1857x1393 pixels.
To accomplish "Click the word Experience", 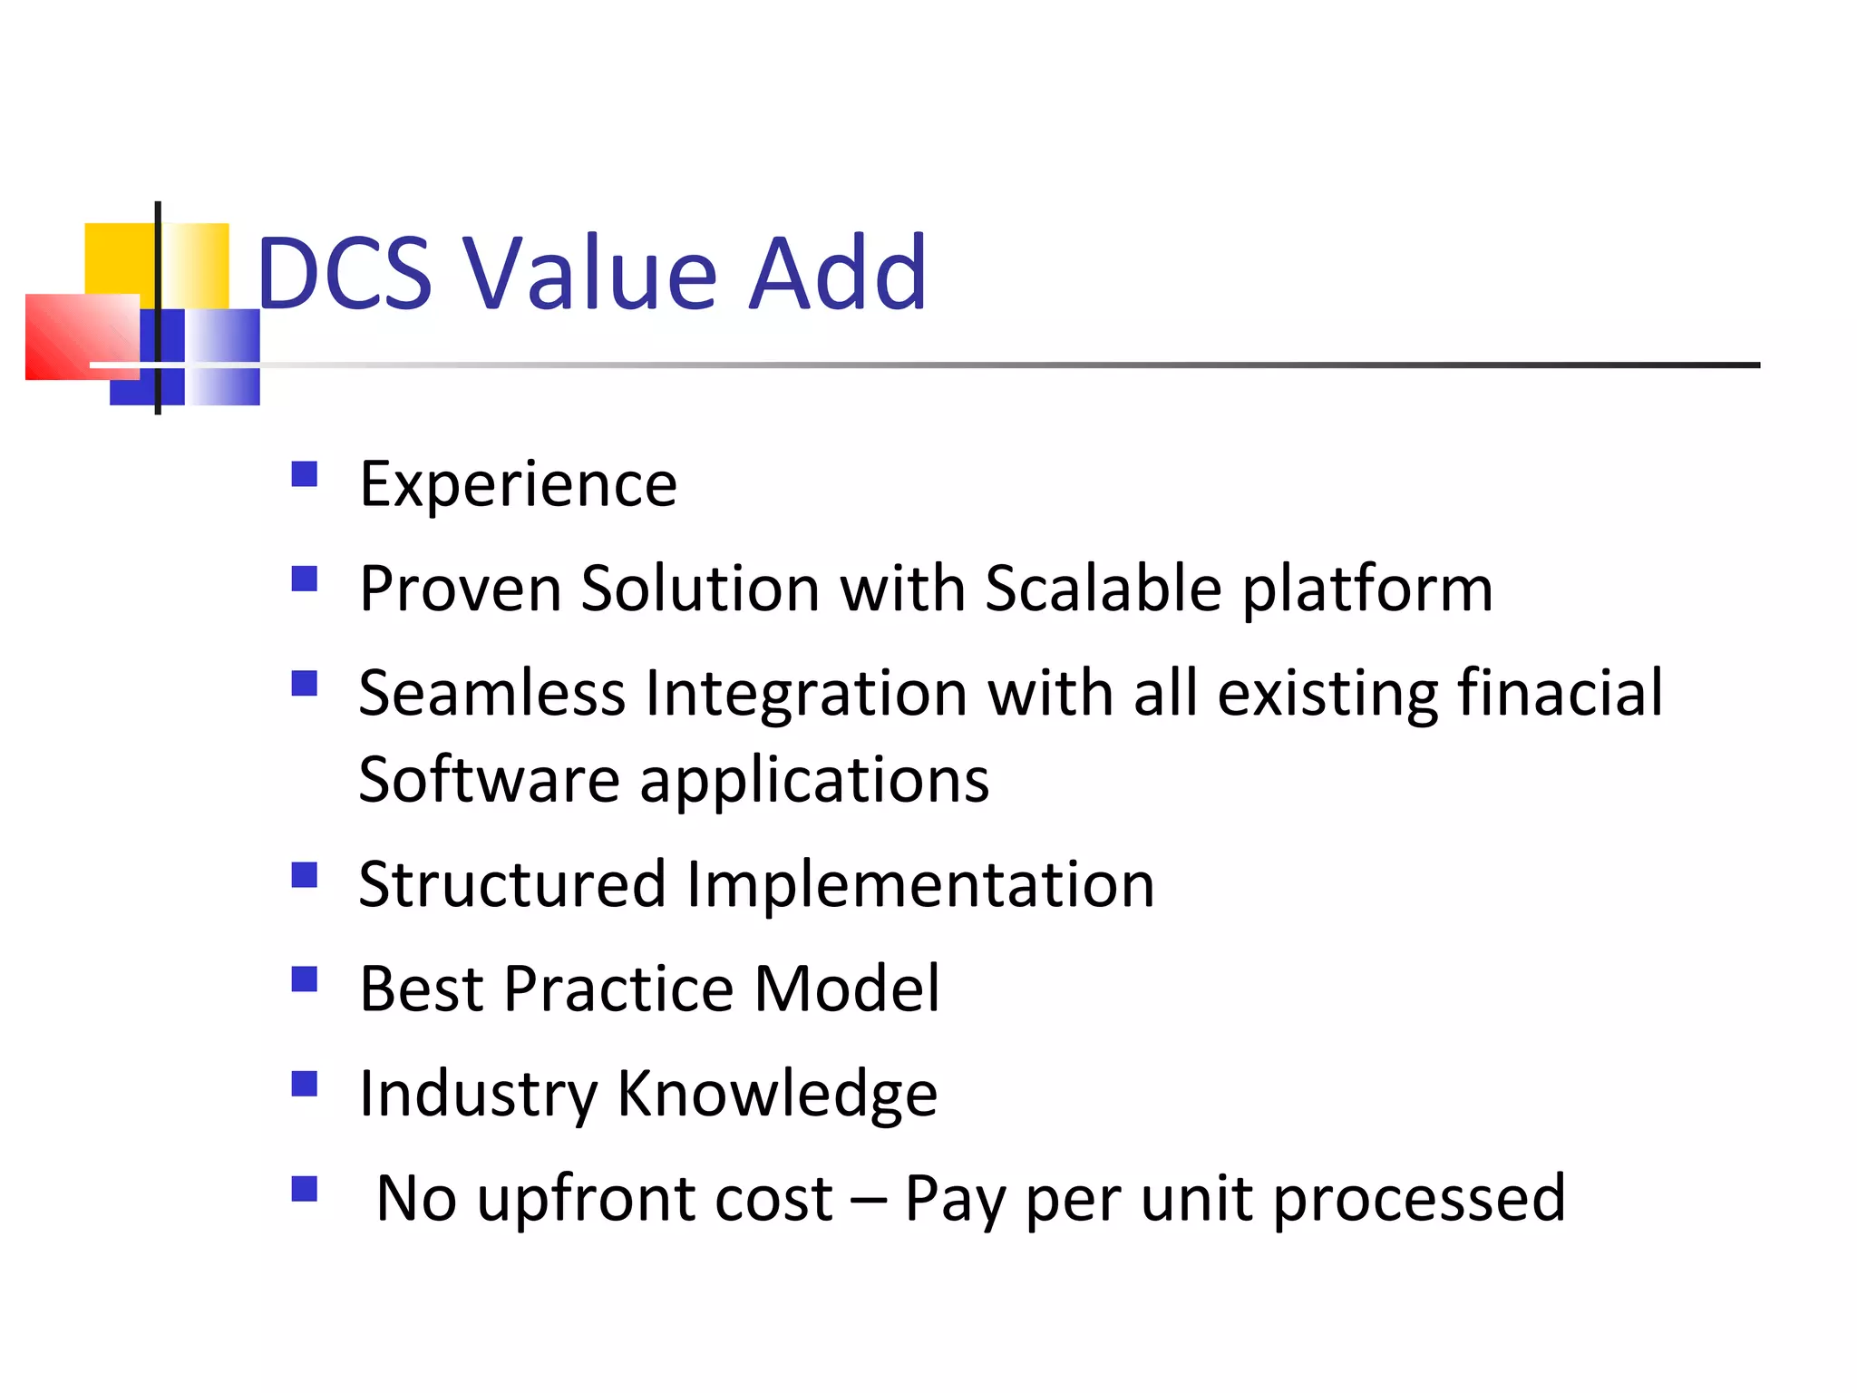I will coord(518,484).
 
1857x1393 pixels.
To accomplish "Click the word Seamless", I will coord(491,693).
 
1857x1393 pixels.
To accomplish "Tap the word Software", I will coord(489,779).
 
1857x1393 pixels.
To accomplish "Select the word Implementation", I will coord(920,884).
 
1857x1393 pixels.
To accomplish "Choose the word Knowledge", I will coord(777,1094).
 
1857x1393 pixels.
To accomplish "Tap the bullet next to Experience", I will coord(305,474).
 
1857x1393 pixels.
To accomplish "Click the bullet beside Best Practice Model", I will coord(305,979).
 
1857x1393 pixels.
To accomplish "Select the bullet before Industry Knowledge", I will coord(305,1084).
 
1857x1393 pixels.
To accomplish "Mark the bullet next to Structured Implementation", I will coord(305,875).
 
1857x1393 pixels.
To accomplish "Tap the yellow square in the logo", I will coord(118,258).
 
